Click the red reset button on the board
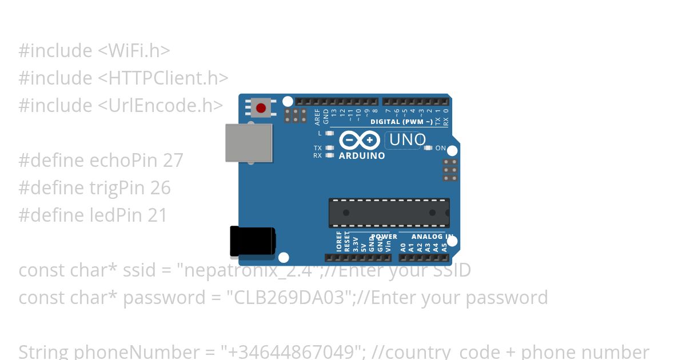tap(261, 108)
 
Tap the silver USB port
tap(249, 143)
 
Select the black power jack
tap(252, 241)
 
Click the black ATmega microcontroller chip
tap(389, 213)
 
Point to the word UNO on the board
tap(407, 140)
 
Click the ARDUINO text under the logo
tap(362, 155)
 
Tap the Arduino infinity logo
tap(359, 140)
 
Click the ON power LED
tap(428, 148)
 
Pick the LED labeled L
tap(329, 133)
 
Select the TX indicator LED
tap(329, 148)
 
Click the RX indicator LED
tap(329, 155)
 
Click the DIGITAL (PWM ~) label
tap(401, 122)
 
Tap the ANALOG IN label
tap(432, 237)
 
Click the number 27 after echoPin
tap(173, 161)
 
